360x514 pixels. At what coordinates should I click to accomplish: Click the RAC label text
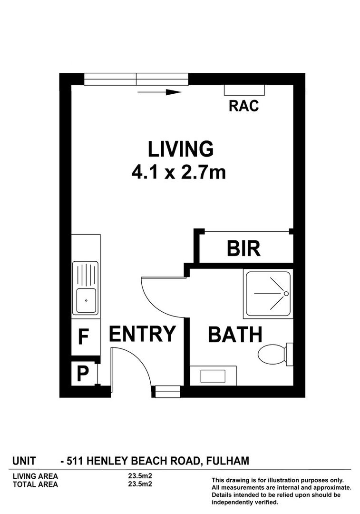pos(243,106)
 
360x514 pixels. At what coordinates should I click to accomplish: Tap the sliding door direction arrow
pos(159,92)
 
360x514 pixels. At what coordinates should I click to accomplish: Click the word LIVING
pos(180,149)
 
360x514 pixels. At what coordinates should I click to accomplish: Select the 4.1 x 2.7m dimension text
pos(178,172)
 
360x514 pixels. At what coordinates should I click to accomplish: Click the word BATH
pos(235,335)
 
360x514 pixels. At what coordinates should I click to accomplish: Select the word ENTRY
pos(143,334)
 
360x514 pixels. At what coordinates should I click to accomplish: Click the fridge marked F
pos(83,337)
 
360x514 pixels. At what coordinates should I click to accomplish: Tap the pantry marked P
pos(83,374)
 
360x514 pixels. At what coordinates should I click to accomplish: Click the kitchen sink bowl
pos(86,300)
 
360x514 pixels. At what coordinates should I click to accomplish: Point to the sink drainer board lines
pos(86,274)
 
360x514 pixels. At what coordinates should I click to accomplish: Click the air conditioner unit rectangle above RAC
pos(244,90)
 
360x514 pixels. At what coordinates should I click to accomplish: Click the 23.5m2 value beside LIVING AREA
pos(137,475)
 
